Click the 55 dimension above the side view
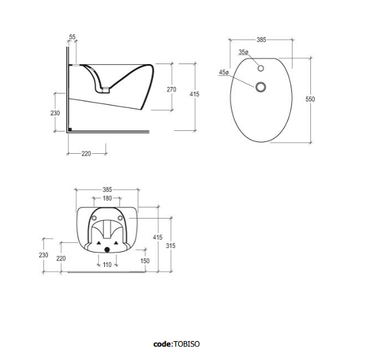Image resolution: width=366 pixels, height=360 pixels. click(73, 37)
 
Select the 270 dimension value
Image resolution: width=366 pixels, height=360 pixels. click(172, 90)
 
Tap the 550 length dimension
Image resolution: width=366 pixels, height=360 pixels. click(310, 99)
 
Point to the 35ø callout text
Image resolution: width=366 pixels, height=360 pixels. click(244, 52)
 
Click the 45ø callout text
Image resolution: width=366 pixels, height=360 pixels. click(224, 72)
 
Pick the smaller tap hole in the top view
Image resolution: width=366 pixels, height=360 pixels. click(261, 68)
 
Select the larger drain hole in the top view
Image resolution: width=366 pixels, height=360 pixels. click(261, 87)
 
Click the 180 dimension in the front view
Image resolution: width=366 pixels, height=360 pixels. click(107, 198)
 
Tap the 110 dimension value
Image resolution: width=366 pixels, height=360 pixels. click(107, 264)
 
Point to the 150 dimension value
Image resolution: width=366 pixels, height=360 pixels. click(145, 261)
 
